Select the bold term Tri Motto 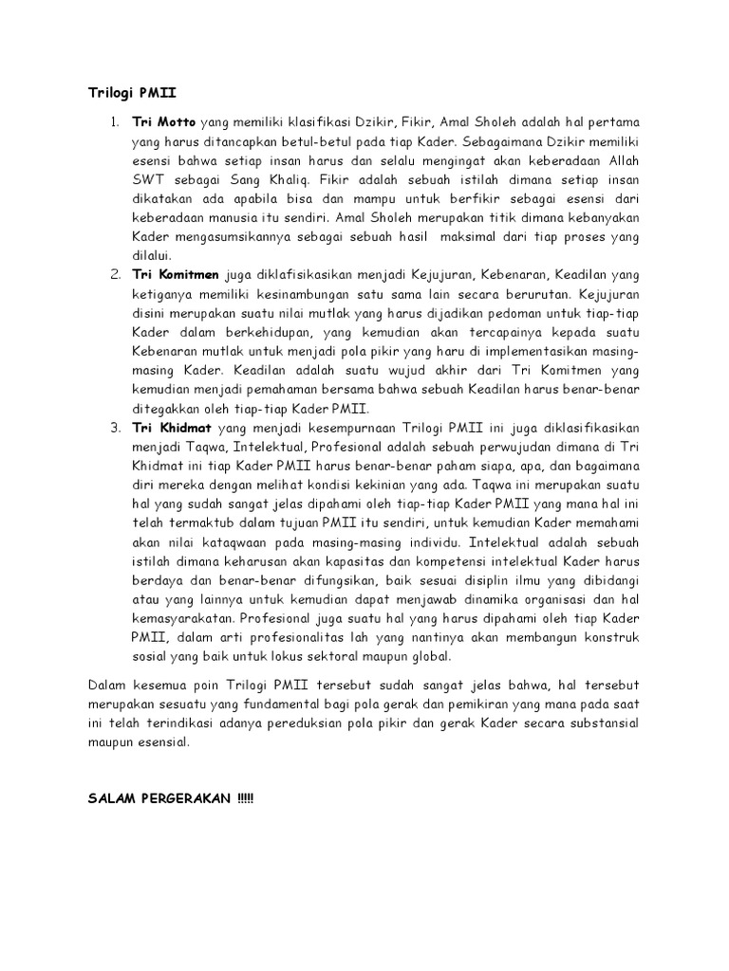pyautogui.click(x=163, y=123)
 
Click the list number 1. pyautogui.click(x=113, y=123)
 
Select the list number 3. pyautogui.click(x=113, y=429)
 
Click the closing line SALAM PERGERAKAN pyautogui.click(x=165, y=774)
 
